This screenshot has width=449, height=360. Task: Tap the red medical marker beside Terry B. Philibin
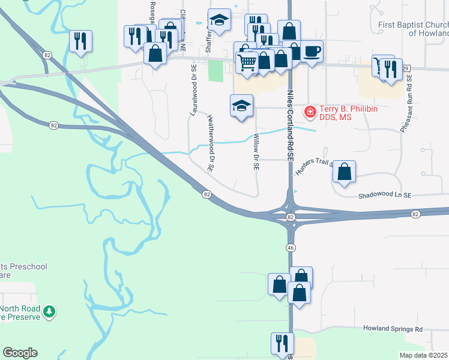click(x=310, y=111)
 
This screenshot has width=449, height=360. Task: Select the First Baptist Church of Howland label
click(x=414, y=29)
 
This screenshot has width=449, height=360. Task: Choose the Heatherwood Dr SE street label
click(x=210, y=143)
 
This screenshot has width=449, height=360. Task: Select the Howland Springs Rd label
click(x=393, y=329)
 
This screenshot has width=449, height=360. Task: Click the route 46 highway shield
click(x=291, y=247)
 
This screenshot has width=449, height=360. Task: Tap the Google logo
click(x=20, y=353)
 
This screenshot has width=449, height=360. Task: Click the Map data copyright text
click(x=424, y=355)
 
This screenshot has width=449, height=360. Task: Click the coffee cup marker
click(x=312, y=52)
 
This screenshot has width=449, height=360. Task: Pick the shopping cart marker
click(x=247, y=61)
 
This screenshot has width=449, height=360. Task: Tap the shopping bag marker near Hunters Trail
click(x=344, y=172)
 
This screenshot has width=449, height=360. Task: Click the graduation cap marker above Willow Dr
click(x=241, y=106)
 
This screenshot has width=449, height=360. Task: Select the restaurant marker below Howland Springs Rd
click(x=282, y=343)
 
